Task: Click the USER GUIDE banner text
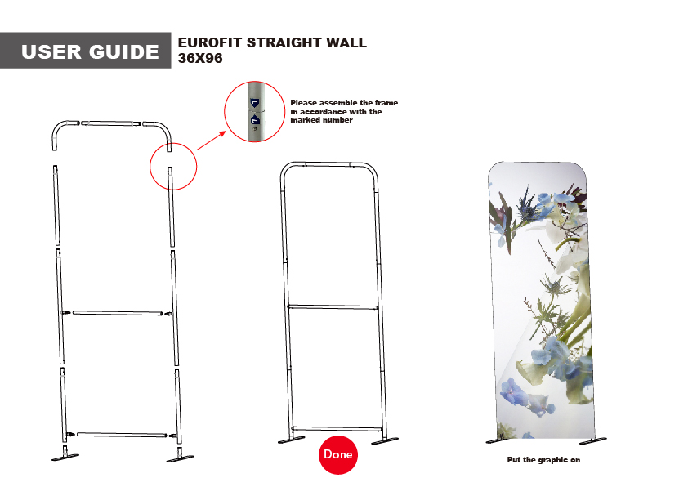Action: tap(90, 52)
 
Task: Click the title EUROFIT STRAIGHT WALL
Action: tap(272, 42)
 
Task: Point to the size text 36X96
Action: tap(200, 59)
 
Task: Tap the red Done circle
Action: tap(338, 454)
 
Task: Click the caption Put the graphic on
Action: tap(543, 461)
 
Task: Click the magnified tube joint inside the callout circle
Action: tap(255, 112)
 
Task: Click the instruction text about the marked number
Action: tap(344, 111)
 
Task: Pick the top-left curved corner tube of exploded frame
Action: tap(62, 130)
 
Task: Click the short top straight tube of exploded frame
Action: tap(109, 123)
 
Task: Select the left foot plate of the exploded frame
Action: tap(65, 458)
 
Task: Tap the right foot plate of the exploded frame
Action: tap(179, 458)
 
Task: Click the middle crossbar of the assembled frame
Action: tap(332, 307)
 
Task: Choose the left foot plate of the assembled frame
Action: tap(290, 442)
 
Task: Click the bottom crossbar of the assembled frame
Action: tap(337, 428)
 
